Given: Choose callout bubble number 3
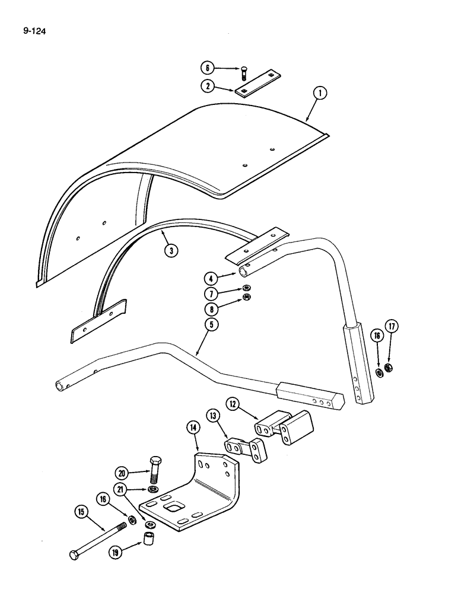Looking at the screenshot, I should [x=170, y=251].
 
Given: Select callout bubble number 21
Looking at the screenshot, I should [x=122, y=490].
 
